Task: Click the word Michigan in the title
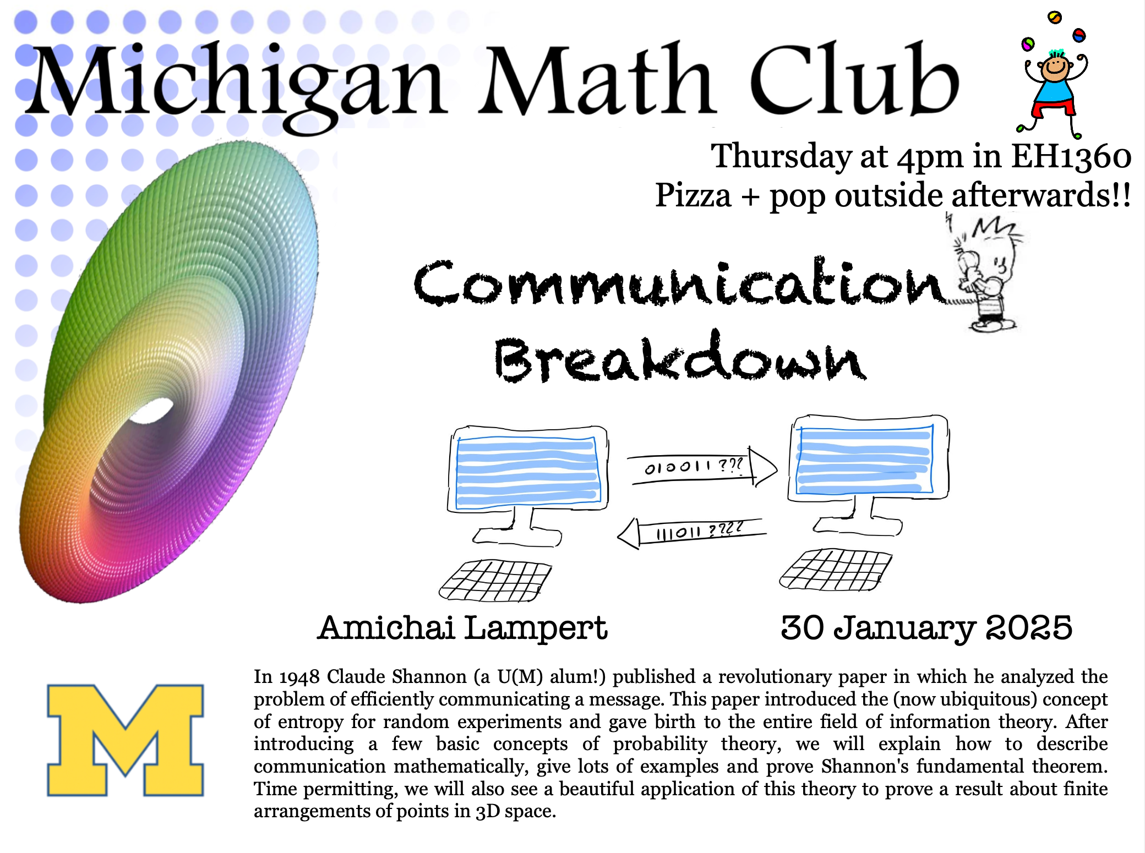(237, 85)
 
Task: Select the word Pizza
(693, 196)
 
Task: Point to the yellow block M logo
(126, 740)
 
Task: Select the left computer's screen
(527, 471)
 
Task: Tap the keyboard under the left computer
(495, 581)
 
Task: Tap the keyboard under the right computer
(836, 570)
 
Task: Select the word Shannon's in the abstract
(868, 766)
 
